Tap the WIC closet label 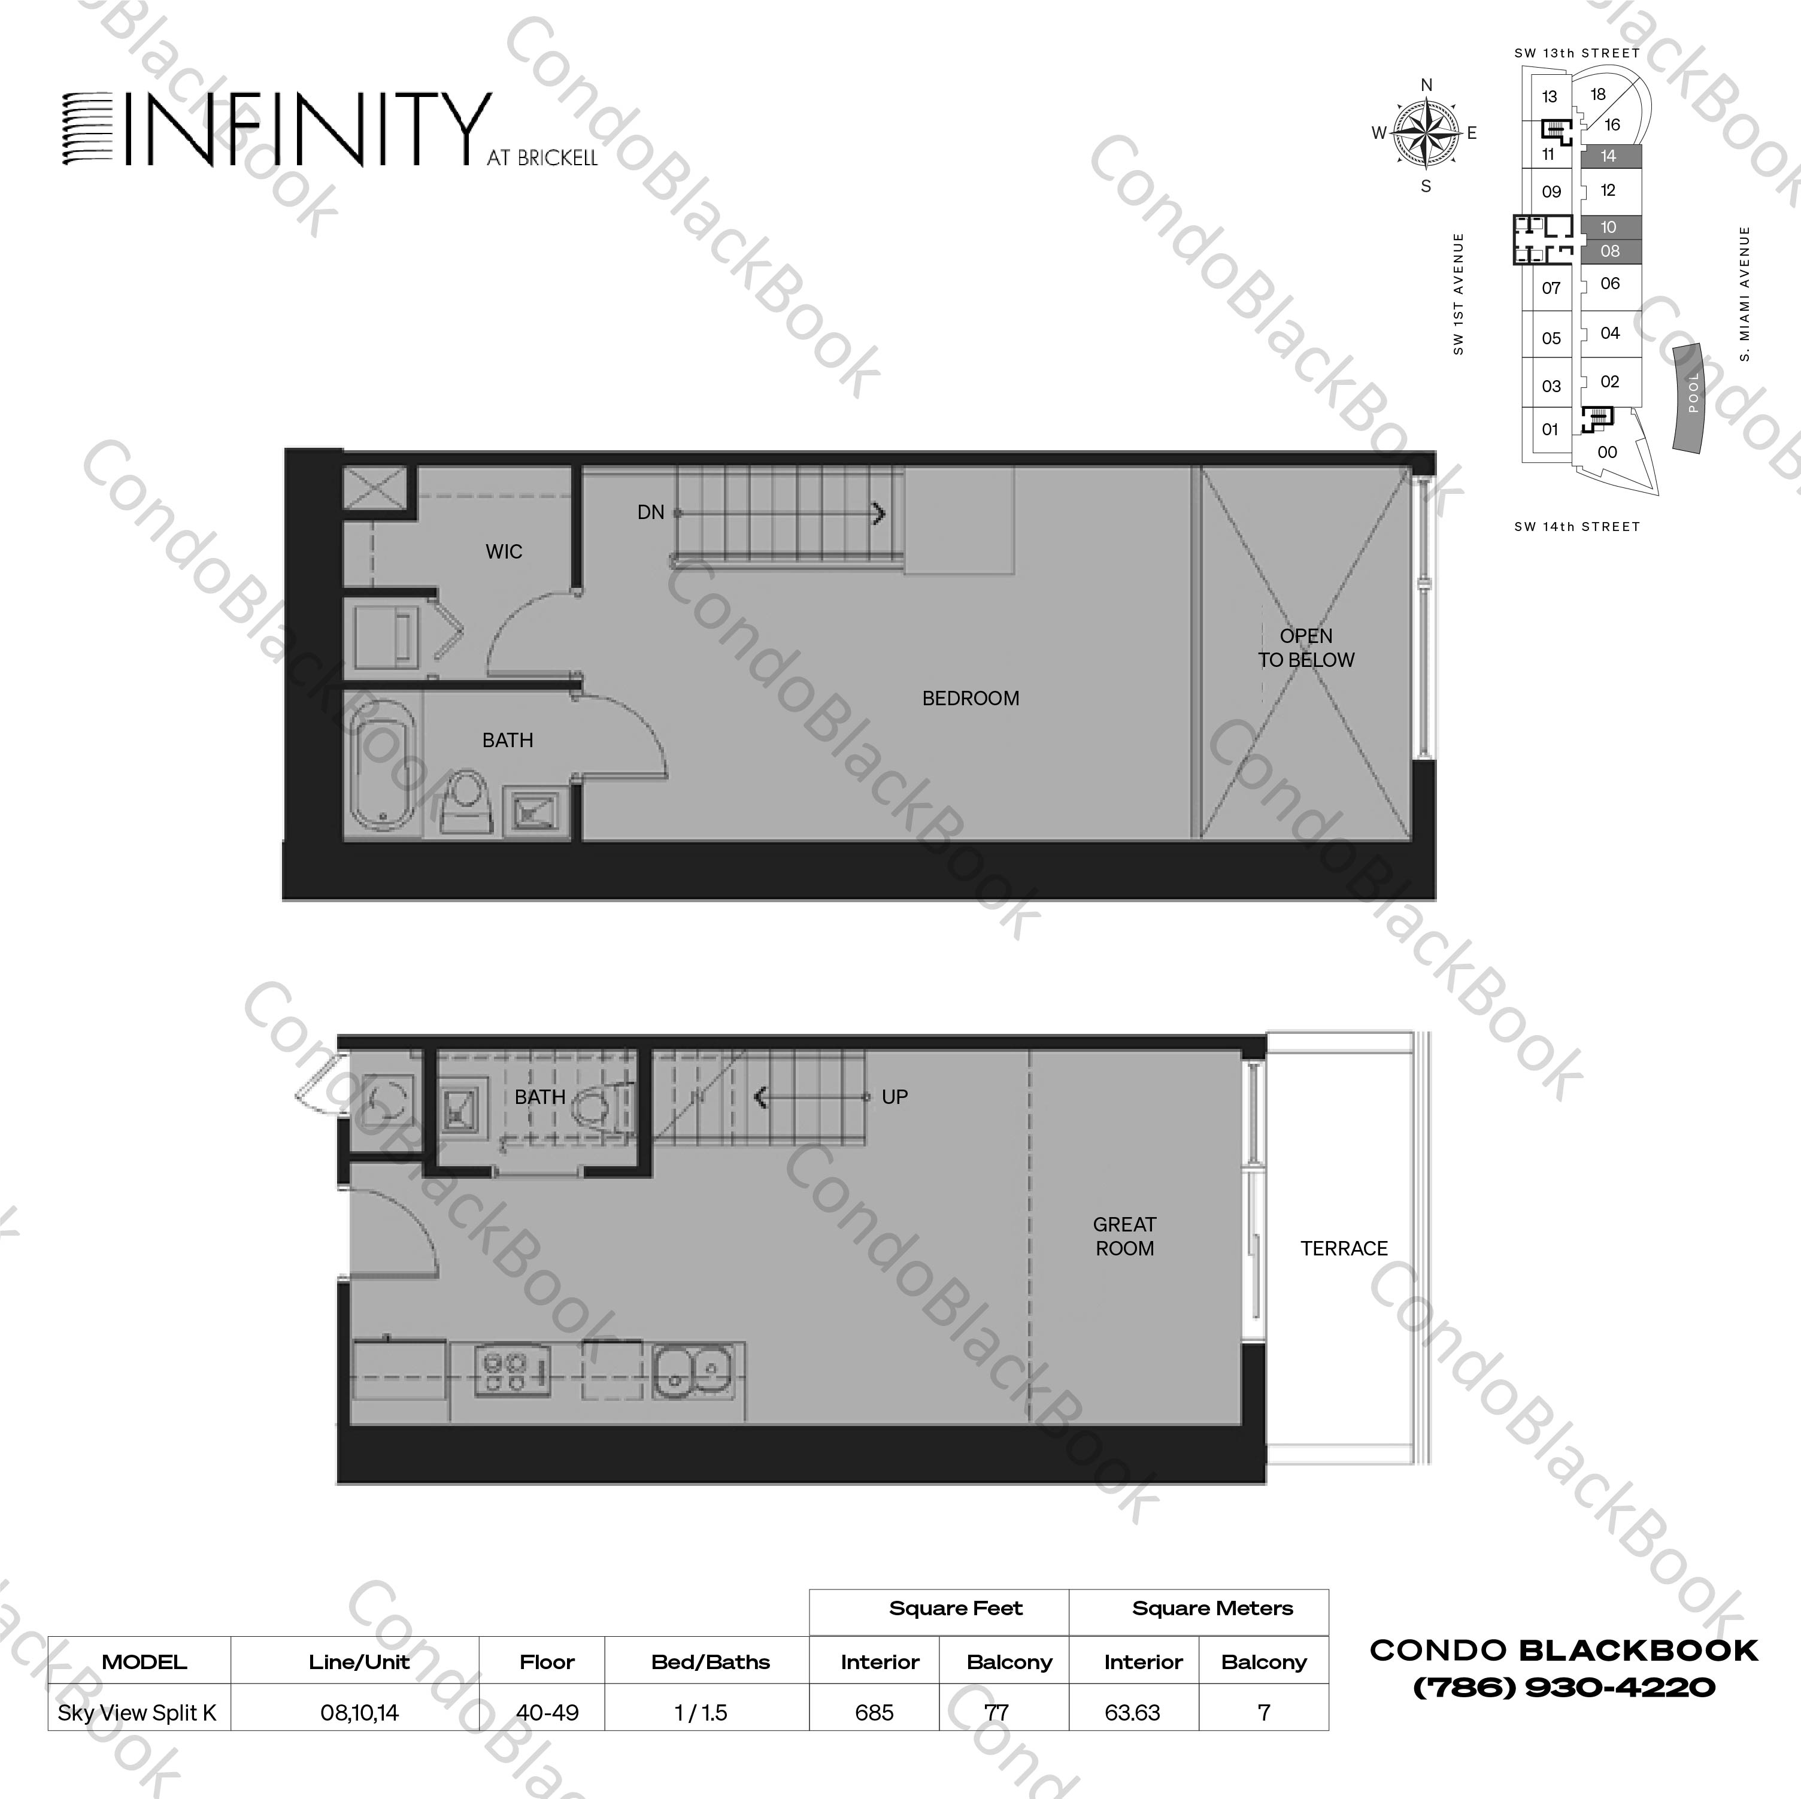click(x=504, y=552)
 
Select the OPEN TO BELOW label click(x=1306, y=648)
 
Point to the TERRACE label click(x=1344, y=1248)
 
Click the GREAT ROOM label click(x=1124, y=1236)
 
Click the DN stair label click(x=651, y=512)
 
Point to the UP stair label click(x=894, y=1097)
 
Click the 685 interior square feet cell click(x=874, y=1712)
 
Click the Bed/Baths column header click(x=710, y=1662)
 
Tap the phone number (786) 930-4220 click(x=1563, y=1687)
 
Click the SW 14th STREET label click(x=1576, y=527)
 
